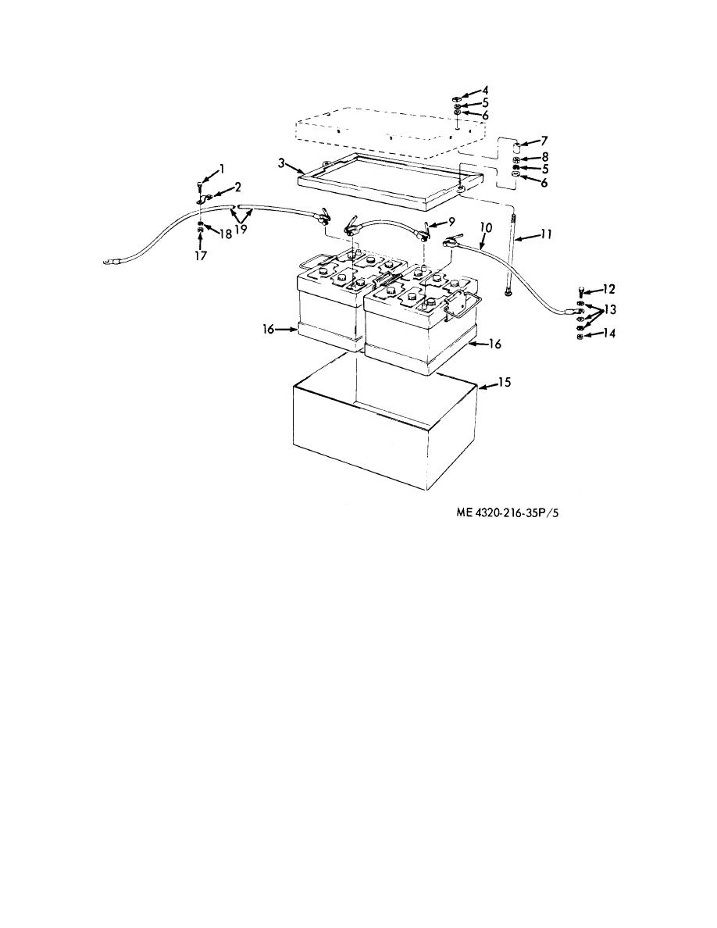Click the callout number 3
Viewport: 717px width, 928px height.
[x=282, y=162]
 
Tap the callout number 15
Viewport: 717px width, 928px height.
[x=504, y=382]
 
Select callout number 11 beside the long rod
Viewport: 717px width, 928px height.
[x=546, y=234]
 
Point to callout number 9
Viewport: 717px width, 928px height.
[x=451, y=223]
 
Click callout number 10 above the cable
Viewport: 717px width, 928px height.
[x=486, y=227]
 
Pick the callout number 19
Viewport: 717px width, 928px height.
[x=241, y=230]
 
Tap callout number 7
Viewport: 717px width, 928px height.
[x=544, y=141]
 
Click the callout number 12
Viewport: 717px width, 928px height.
[x=608, y=289]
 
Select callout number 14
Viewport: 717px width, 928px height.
[x=609, y=334]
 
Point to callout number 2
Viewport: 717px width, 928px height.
[x=237, y=187]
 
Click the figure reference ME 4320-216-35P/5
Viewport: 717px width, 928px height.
[x=508, y=513]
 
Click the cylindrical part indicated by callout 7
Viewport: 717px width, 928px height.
[x=515, y=146]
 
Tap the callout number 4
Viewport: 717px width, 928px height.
[x=485, y=91]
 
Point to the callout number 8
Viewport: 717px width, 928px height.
[x=544, y=158]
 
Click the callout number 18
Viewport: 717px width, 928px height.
[x=226, y=234]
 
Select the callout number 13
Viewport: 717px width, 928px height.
[x=609, y=309]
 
